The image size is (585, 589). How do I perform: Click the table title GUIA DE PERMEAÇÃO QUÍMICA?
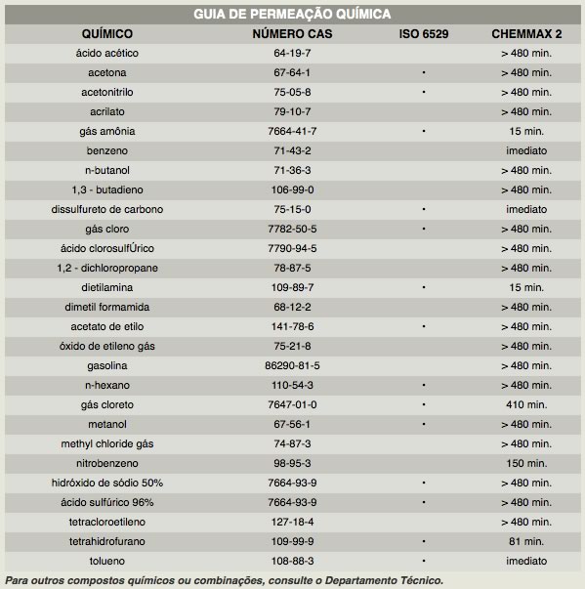[x=292, y=15]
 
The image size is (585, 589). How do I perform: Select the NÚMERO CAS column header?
[x=292, y=34]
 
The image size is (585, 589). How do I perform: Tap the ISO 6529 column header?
[x=424, y=34]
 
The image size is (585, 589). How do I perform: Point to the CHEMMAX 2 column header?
[x=526, y=34]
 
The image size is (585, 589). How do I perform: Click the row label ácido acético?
[x=107, y=53]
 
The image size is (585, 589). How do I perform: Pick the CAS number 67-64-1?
[x=292, y=72]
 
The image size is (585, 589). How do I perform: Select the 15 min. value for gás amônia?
[x=526, y=131]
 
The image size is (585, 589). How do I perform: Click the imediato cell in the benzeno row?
[x=526, y=150]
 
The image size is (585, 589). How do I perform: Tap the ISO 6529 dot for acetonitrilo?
[x=424, y=92]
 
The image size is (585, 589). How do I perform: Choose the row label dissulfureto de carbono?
[x=107, y=209]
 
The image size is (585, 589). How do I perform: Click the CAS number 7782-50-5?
[x=292, y=229]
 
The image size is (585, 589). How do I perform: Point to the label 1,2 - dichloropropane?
[x=107, y=268]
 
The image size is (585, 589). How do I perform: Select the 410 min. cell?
[x=526, y=404]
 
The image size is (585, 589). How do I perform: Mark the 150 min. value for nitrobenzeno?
[x=526, y=463]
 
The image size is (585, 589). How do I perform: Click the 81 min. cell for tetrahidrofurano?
[x=526, y=541]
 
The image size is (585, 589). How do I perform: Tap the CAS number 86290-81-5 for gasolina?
[x=292, y=365]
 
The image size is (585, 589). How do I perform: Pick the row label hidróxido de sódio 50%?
[x=107, y=483]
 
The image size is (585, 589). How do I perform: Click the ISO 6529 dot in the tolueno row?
[x=424, y=561]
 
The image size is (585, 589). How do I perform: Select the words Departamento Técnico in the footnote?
[x=384, y=580]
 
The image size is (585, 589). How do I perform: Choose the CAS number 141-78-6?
[x=292, y=326]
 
